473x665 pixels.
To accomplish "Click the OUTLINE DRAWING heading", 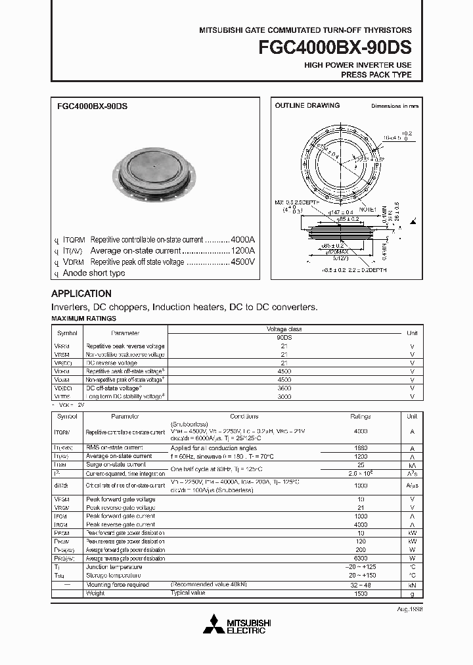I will pyautogui.click(x=307, y=105).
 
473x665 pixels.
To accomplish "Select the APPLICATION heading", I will pyautogui.click(x=81, y=294).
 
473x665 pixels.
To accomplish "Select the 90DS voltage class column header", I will pyautogui.click(x=284, y=337).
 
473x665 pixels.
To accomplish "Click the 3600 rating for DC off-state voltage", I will pyautogui.click(x=284, y=388).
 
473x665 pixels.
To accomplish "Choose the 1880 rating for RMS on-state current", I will pyautogui.click(x=361, y=447).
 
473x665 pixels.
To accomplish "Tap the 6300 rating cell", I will pyautogui.click(x=361, y=559).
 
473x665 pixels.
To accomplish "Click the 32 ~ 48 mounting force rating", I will pyautogui.click(x=361, y=584).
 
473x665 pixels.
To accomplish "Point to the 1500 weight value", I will pyautogui.click(x=361, y=593).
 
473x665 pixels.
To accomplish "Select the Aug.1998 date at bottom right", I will pyautogui.click(x=409, y=609).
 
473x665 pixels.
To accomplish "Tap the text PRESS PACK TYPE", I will pyautogui.click(x=376, y=75).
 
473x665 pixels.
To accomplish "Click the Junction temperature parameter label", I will pyautogui.click(x=114, y=567).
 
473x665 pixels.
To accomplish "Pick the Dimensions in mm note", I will pyautogui.click(x=394, y=106).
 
